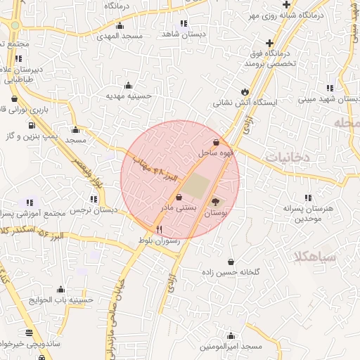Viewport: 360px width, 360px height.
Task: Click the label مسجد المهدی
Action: coord(120,35)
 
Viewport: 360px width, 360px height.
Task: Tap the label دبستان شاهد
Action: coord(181,34)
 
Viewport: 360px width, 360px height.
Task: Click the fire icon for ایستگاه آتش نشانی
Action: coord(245,92)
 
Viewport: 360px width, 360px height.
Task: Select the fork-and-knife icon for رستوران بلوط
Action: coord(159,229)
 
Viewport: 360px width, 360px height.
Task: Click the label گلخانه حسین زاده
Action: coord(231,271)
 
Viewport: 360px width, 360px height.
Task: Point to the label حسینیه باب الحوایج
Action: coord(61,300)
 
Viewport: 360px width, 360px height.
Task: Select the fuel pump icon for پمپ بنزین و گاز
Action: coord(32,124)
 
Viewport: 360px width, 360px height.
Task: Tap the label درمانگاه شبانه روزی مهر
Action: coord(314,14)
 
